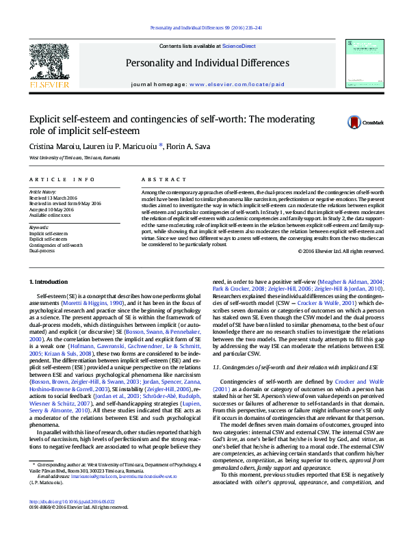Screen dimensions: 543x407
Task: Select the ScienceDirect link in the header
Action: (239, 45)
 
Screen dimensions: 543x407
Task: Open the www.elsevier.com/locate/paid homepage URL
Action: (237, 85)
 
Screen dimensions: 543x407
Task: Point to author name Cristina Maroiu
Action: (52, 146)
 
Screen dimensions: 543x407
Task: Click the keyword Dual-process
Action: (42, 251)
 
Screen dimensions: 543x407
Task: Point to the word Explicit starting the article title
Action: (44, 120)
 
